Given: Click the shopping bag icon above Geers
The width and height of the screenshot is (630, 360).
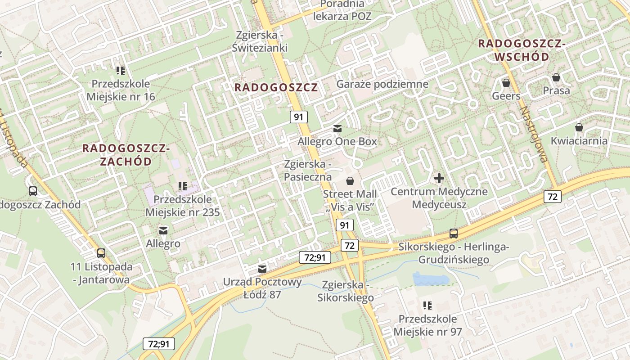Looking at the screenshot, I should [x=506, y=83].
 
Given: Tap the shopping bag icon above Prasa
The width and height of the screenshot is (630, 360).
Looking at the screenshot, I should [x=556, y=77].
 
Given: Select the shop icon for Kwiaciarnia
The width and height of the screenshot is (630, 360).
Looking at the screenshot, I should [x=579, y=127].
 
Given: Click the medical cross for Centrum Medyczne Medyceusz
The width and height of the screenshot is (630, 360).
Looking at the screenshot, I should [x=439, y=178].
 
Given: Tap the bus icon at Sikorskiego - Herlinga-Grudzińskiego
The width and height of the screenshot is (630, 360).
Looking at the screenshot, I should [x=454, y=234].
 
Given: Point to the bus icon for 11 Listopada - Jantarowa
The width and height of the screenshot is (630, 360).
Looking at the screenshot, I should [x=101, y=253].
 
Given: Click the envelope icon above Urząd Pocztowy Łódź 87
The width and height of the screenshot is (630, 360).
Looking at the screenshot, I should [x=262, y=269].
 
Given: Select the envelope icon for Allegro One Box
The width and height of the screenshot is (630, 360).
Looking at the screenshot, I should [x=337, y=129].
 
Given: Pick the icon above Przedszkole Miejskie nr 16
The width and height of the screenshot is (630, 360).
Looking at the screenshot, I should [x=121, y=70].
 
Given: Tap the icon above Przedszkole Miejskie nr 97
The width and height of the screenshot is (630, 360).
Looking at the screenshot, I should [x=427, y=306].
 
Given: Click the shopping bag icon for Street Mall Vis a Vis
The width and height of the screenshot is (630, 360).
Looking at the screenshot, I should [x=350, y=181].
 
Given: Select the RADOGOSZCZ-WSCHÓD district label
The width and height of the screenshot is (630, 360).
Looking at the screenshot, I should [x=522, y=50].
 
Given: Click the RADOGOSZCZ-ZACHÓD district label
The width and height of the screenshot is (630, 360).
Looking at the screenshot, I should [x=126, y=154].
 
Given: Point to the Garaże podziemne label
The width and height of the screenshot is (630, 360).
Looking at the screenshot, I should [x=382, y=84].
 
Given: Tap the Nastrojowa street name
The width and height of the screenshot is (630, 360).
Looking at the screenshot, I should [x=533, y=134].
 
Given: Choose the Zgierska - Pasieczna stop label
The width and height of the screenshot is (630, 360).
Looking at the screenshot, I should [x=307, y=170].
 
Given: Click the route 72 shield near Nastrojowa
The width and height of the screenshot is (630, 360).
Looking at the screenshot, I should [x=552, y=196].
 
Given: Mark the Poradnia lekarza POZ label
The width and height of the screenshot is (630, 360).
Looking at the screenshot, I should [x=343, y=10].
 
